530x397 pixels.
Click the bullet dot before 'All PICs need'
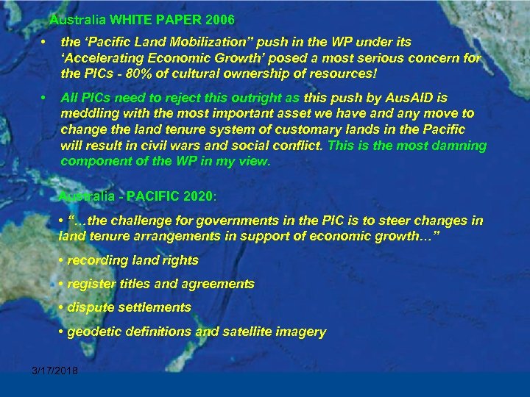coord(45,98)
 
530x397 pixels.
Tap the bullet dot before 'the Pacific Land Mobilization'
coord(45,43)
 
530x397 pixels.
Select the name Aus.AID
coord(422,98)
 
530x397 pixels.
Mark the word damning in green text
coord(458,146)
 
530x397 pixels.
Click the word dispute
coord(90,307)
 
